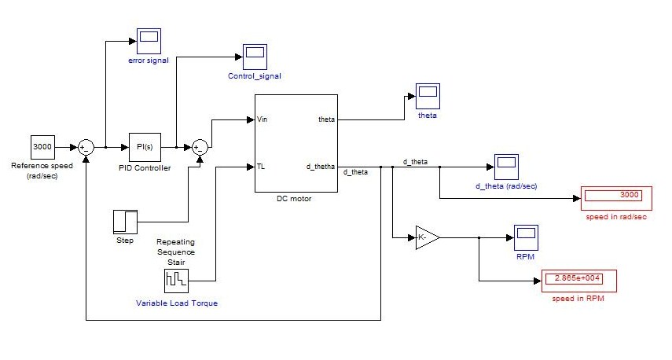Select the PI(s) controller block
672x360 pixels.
click(145, 146)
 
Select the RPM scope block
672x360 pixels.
click(525, 235)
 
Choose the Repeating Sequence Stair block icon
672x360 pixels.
click(176, 281)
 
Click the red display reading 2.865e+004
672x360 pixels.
click(577, 281)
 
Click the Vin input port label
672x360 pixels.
click(263, 119)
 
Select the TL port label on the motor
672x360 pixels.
click(262, 167)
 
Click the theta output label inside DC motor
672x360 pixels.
click(326, 119)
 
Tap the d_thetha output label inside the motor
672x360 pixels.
click(321, 167)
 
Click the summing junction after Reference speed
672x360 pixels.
click(86, 146)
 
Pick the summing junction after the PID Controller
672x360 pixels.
click(199, 146)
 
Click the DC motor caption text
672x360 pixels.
click(295, 199)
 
